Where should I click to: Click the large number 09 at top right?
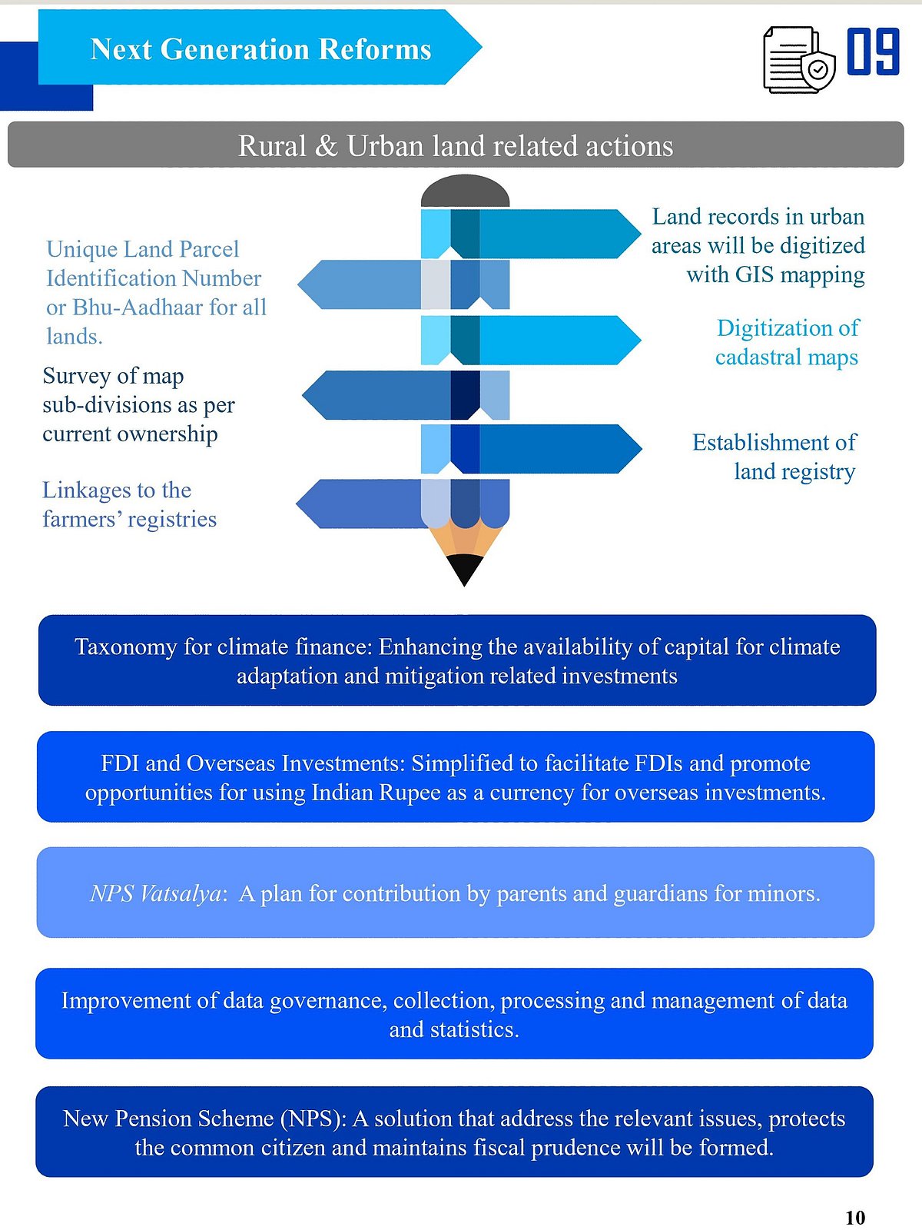click(874, 52)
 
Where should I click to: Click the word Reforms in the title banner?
click(375, 49)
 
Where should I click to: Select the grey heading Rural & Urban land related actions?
click(455, 145)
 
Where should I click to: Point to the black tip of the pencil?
click(464, 570)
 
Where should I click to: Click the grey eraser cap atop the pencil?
click(465, 191)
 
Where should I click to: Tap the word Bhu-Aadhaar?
click(138, 307)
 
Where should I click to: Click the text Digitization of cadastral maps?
click(787, 342)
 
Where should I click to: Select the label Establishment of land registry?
click(774, 456)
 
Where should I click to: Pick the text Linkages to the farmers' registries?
click(129, 504)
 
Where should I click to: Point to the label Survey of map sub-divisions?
click(138, 404)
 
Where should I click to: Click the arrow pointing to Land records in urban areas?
click(553, 234)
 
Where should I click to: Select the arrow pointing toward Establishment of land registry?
click(553, 448)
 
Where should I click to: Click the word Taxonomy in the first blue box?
click(125, 647)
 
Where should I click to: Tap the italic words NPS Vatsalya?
click(156, 893)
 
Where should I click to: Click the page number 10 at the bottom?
click(854, 1218)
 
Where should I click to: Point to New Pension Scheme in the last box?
click(167, 1119)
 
